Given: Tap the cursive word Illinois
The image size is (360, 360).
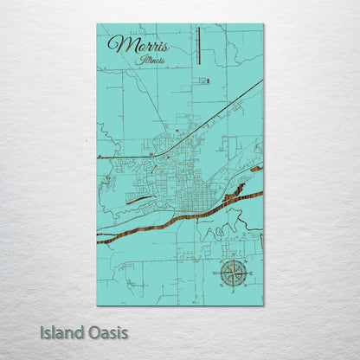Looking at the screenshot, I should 151,61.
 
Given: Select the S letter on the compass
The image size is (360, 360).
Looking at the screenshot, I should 232,290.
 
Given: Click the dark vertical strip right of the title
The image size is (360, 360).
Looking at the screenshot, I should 198,46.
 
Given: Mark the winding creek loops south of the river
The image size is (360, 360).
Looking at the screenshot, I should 216,230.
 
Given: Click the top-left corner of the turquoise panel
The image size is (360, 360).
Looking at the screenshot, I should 98,25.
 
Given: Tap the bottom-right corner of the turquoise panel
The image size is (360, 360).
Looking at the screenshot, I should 263,305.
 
